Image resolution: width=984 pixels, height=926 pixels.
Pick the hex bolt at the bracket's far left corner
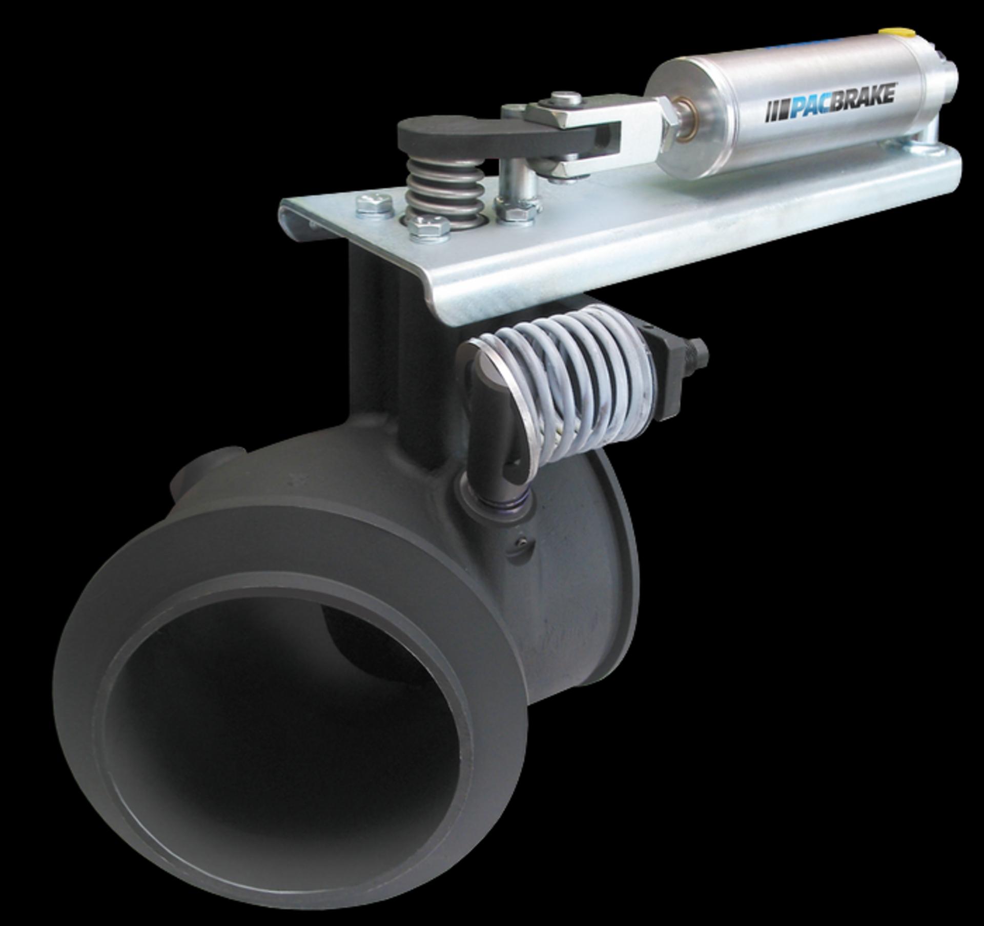pyautogui.click(x=374, y=207)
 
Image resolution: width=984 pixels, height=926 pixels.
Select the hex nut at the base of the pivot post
pyautogui.click(x=517, y=211)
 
